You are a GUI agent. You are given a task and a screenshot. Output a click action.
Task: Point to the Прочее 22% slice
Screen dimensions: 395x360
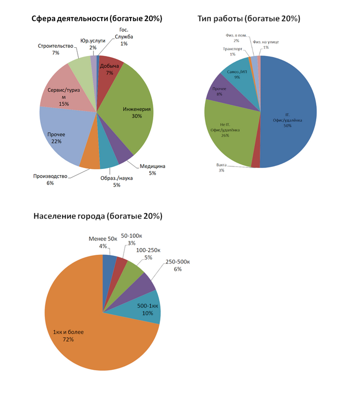point(58,138)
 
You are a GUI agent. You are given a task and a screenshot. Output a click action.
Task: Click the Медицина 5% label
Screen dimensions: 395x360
point(152,170)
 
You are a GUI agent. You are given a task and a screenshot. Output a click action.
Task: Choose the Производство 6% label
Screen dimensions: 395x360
point(50,179)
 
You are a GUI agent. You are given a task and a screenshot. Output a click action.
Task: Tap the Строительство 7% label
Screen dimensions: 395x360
point(55,49)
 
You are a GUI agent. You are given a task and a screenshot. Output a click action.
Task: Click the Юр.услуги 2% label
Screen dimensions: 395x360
point(93,44)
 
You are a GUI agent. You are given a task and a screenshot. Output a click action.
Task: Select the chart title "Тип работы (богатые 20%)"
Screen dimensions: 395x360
point(248,18)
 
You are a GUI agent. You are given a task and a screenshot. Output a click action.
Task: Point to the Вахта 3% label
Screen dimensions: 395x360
point(221,167)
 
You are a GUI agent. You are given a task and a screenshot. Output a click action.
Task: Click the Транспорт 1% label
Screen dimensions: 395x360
point(232,51)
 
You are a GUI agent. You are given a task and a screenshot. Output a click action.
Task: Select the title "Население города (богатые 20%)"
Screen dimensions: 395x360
point(98,216)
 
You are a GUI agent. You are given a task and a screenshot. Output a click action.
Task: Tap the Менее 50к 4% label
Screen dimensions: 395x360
point(103,242)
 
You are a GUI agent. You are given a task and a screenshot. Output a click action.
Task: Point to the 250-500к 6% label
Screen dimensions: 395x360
point(177,265)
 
